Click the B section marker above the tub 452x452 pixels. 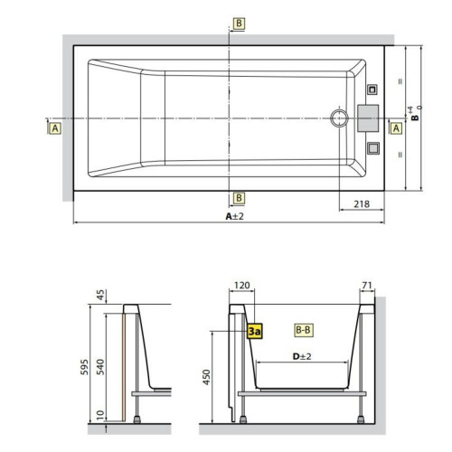tap(239, 23)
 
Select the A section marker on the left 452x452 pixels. tap(56, 128)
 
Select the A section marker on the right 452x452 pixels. tap(395, 128)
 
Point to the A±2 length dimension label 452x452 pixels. tap(235, 216)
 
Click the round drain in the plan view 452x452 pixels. tap(340, 118)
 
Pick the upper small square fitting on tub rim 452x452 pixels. tap(372, 89)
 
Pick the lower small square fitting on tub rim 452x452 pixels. tap(372, 147)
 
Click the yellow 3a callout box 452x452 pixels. tap(254, 332)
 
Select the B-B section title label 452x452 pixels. tap(305, 331)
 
